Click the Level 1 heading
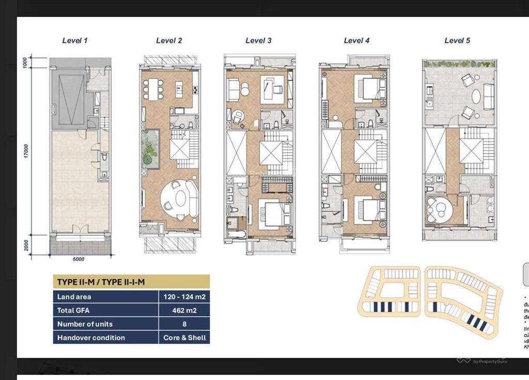point(75,40)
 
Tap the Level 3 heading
point(258,40)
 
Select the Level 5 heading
point(457,40)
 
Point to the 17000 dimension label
point(26,151)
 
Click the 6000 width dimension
point(78,259)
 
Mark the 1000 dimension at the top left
point(25,62)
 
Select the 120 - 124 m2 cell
point(184,296)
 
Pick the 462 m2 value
point(184,310)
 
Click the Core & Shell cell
point(184,338)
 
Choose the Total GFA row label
point(77,310)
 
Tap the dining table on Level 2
point(153,89)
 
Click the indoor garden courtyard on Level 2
point(150,148)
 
